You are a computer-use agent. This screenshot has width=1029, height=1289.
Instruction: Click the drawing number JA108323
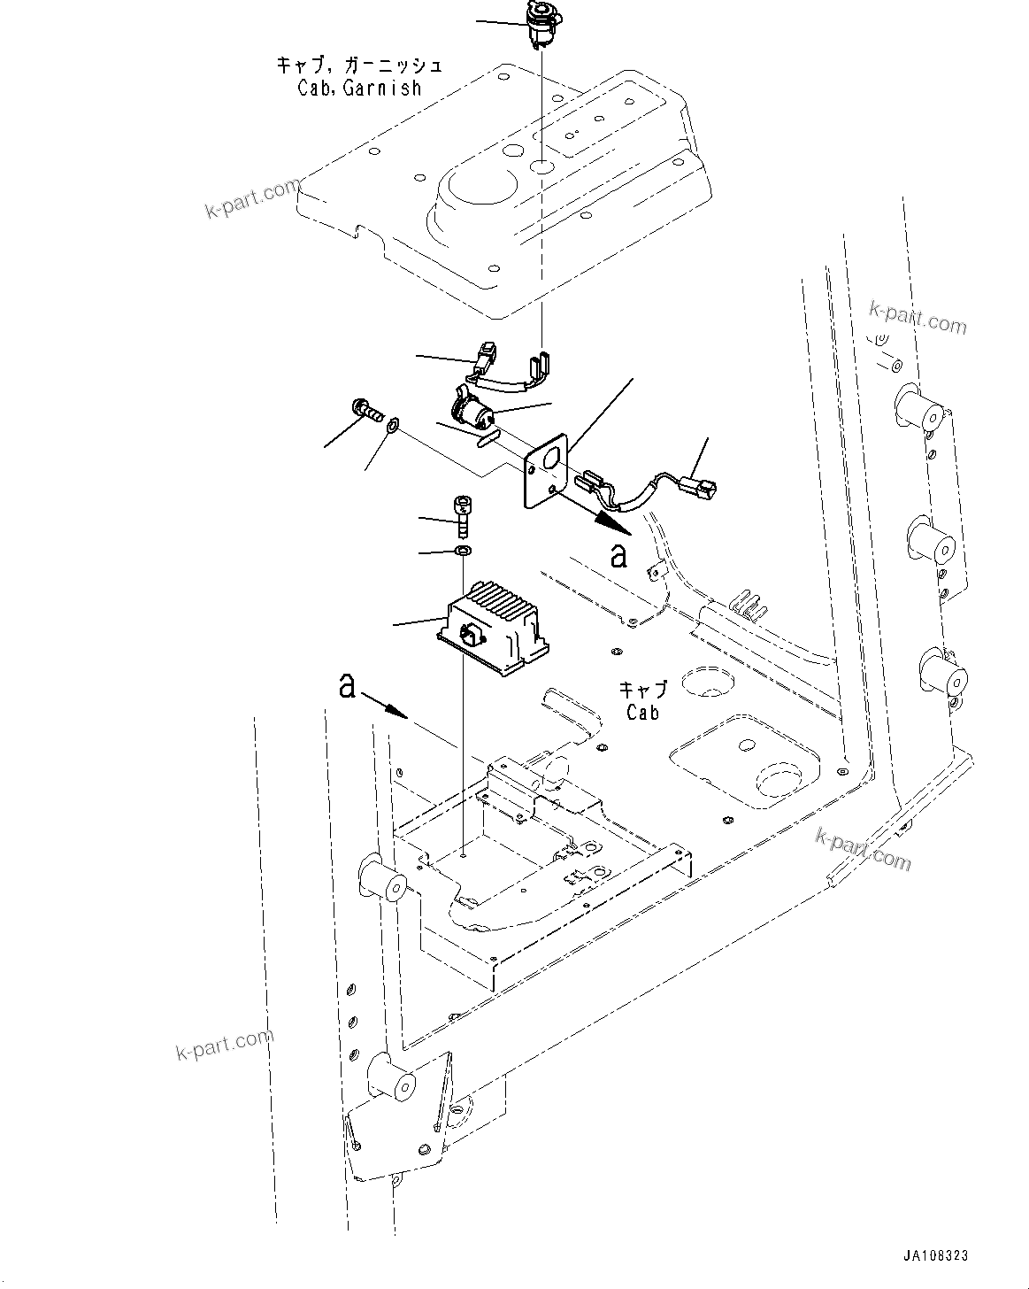click(935, 1255)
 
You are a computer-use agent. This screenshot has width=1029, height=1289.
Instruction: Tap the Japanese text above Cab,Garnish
click(358, 66)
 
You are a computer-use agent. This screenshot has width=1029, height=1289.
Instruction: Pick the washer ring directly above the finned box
click(462, 552)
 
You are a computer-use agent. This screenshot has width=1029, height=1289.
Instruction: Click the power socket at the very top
click(538, 23)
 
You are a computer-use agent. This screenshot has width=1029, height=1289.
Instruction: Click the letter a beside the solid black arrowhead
click(619, 555)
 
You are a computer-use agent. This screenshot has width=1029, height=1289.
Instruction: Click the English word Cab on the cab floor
click(643, 711)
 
